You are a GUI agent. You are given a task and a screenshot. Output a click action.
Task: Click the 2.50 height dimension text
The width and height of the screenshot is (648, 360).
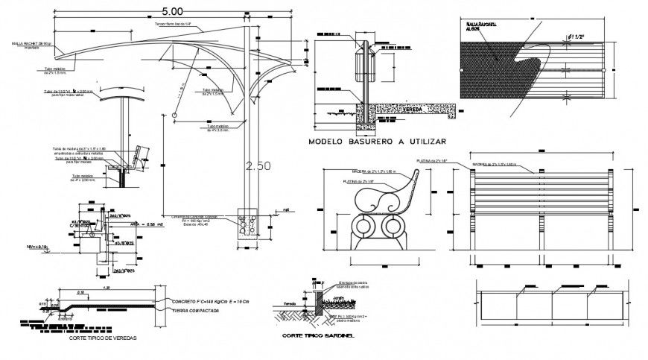[x=257, y=167]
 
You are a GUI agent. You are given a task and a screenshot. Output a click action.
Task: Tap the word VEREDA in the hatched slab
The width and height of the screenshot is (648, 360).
[x=413, y=109]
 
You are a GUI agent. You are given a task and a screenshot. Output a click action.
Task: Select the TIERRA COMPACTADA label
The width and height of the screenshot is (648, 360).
[x=194, y=310]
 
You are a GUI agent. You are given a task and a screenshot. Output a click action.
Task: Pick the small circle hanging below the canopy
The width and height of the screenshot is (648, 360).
[x=174, y=116]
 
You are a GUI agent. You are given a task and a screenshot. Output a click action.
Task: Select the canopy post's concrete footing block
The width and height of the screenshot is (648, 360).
[x=246, y=225]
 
